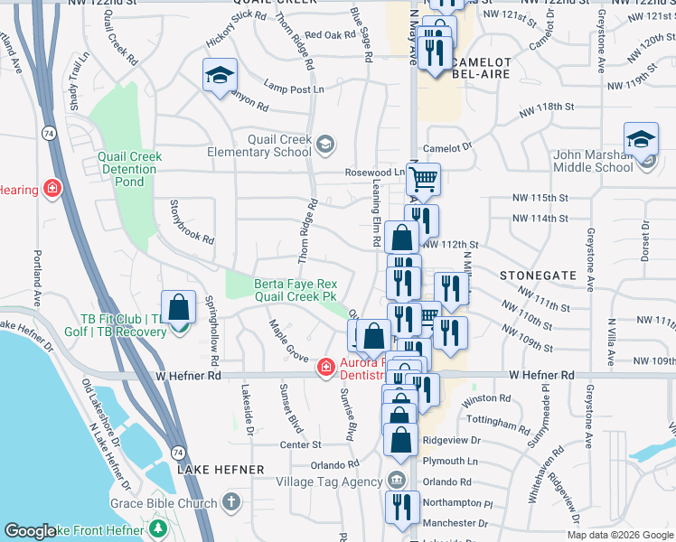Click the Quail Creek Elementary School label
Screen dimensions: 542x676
[x=281, y=145]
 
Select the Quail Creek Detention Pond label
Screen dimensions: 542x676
[x=129, y=169]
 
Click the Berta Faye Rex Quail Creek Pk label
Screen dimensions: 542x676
[x=296, y=289]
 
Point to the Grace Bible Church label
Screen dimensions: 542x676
[x=164, y=503]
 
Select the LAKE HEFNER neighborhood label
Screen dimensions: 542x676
[x=221, y=470]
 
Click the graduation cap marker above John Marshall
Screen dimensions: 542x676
[x=641, y=140]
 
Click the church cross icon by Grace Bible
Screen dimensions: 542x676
[x=231, y=502]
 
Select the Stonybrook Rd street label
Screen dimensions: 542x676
[x=192, y=223]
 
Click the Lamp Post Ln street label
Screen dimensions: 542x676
[x=294, y=89]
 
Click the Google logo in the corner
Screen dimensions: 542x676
[x=31, y=531]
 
